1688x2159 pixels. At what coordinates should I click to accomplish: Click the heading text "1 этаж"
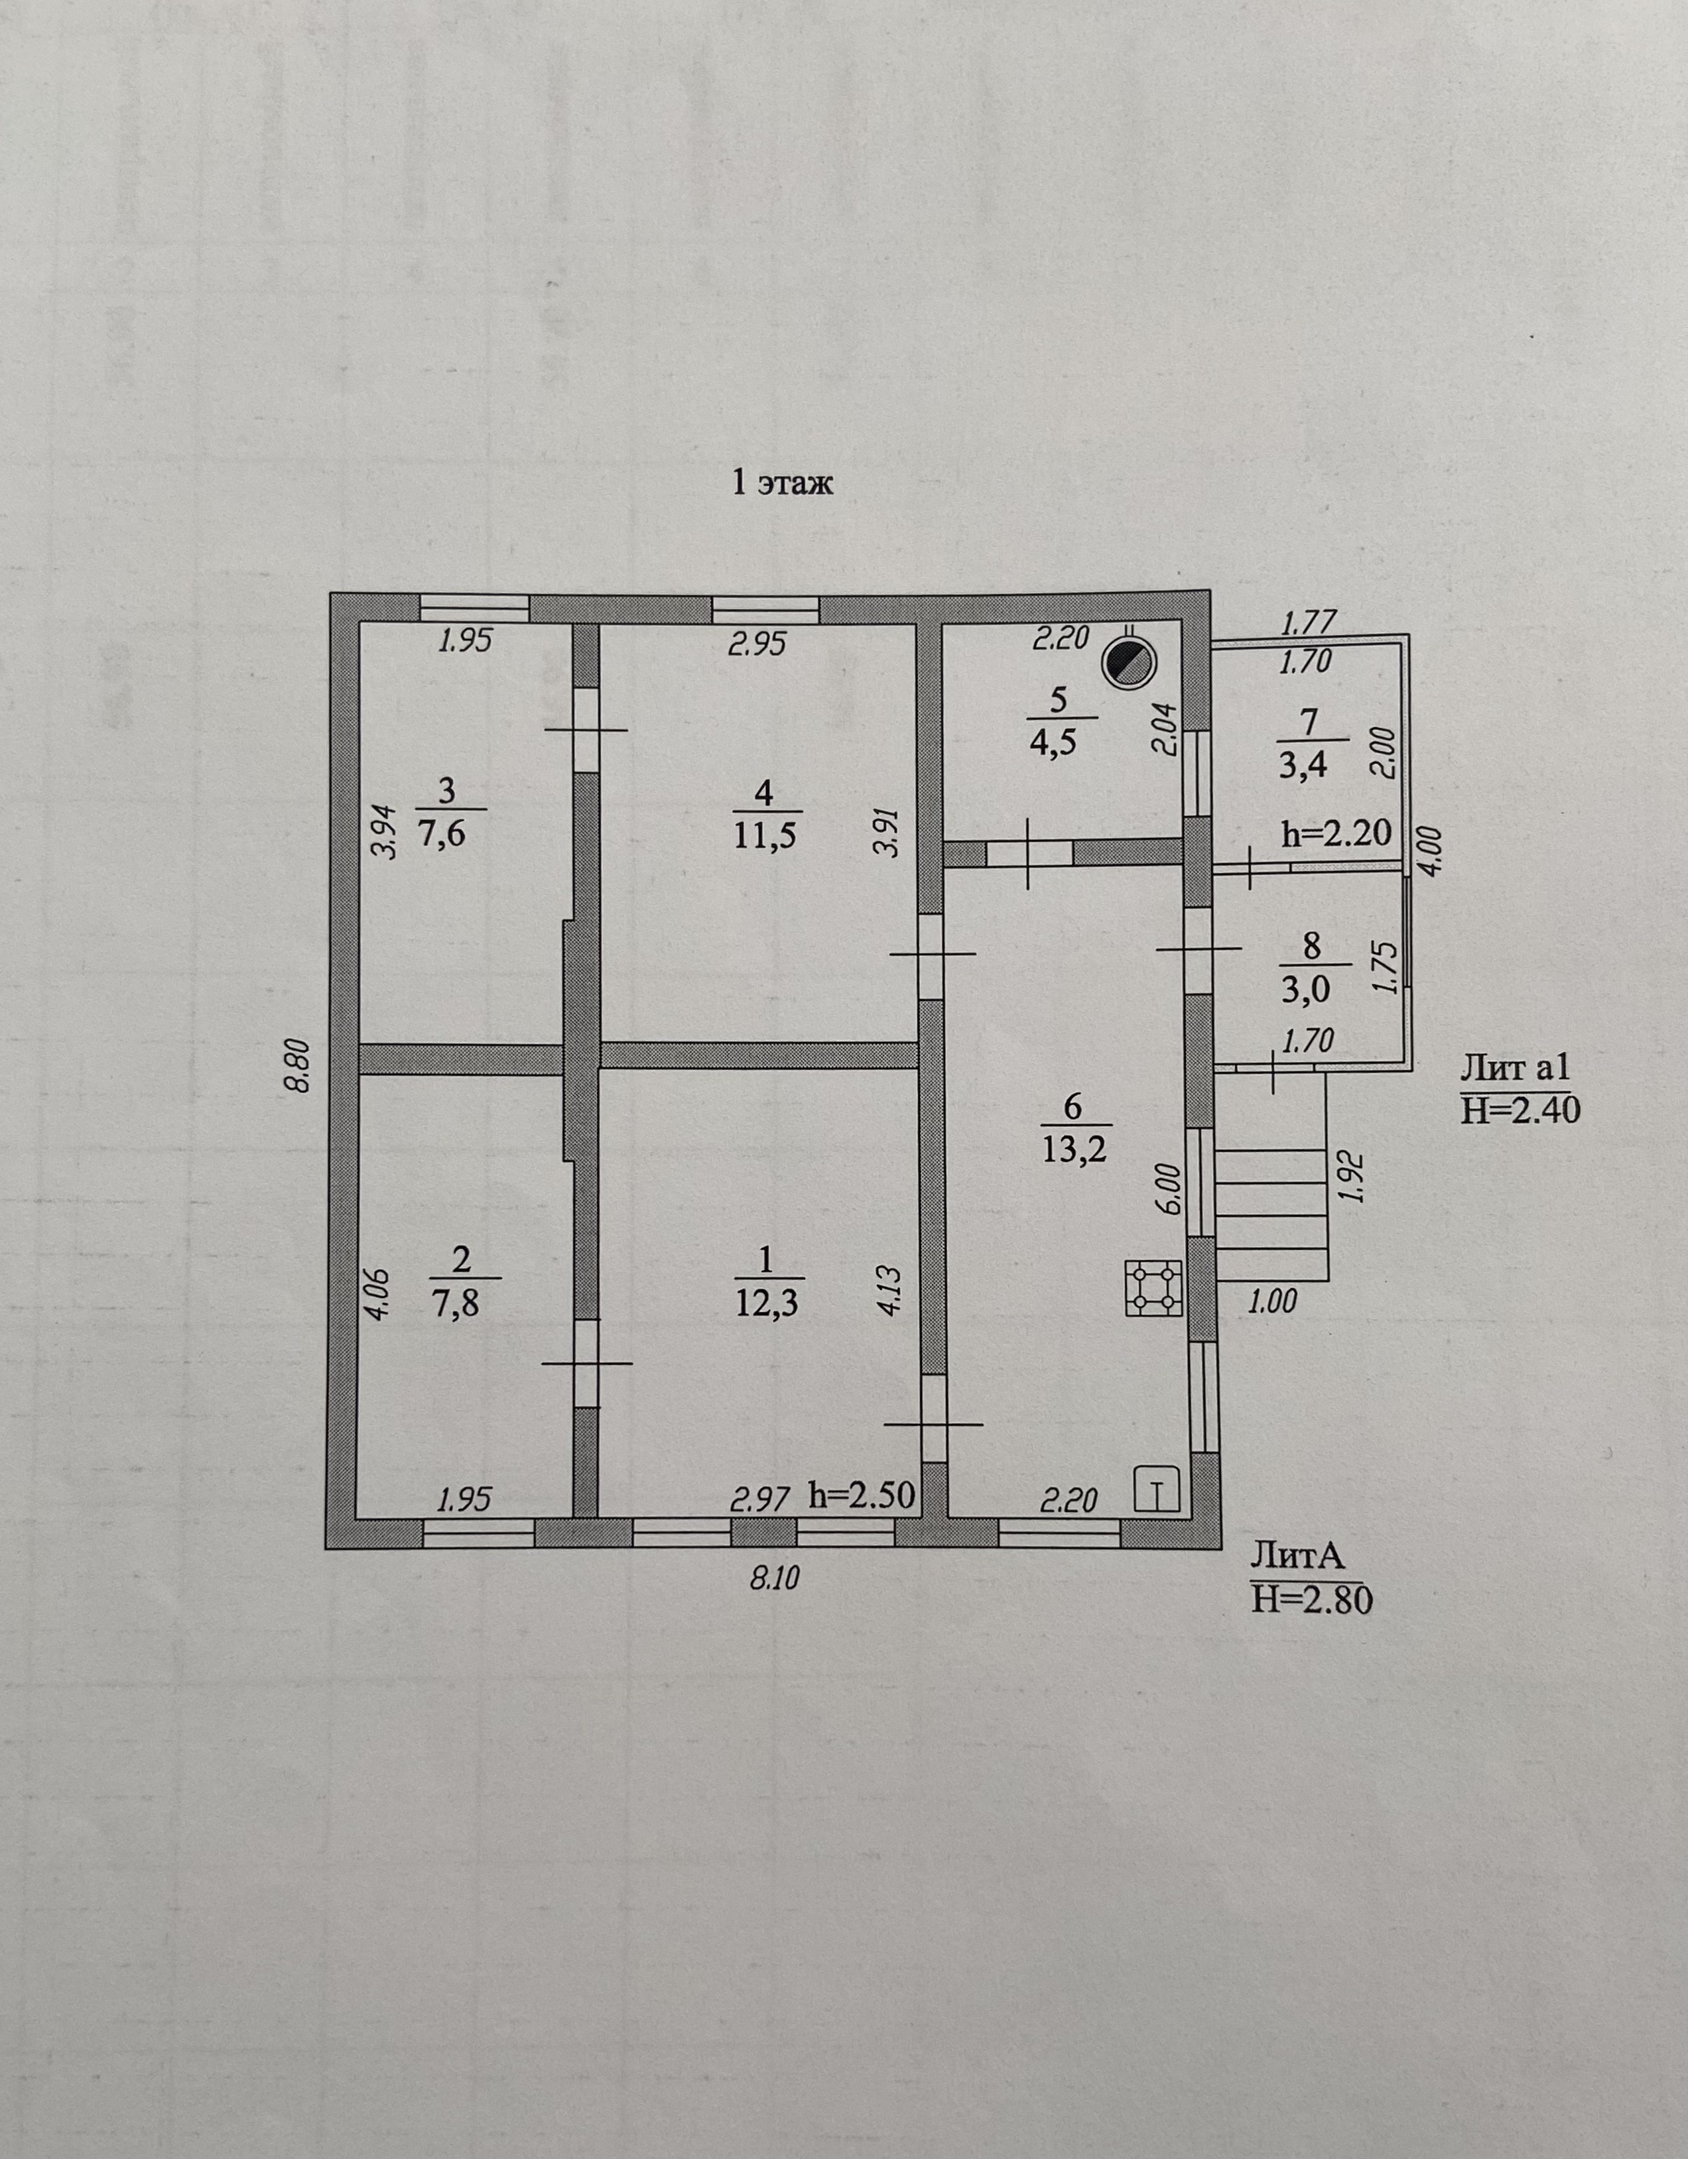[x=782, y=483]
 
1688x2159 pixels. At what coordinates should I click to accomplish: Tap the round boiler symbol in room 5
[x=1130, y=662]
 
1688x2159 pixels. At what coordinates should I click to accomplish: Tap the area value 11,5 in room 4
[x=764, y=835]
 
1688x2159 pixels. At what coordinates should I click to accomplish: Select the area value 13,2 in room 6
[x=1075, y=1149]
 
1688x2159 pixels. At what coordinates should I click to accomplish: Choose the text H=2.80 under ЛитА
[x=1312, y=1600]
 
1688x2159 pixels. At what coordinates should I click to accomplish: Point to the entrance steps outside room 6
[x=1271, y=1215]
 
